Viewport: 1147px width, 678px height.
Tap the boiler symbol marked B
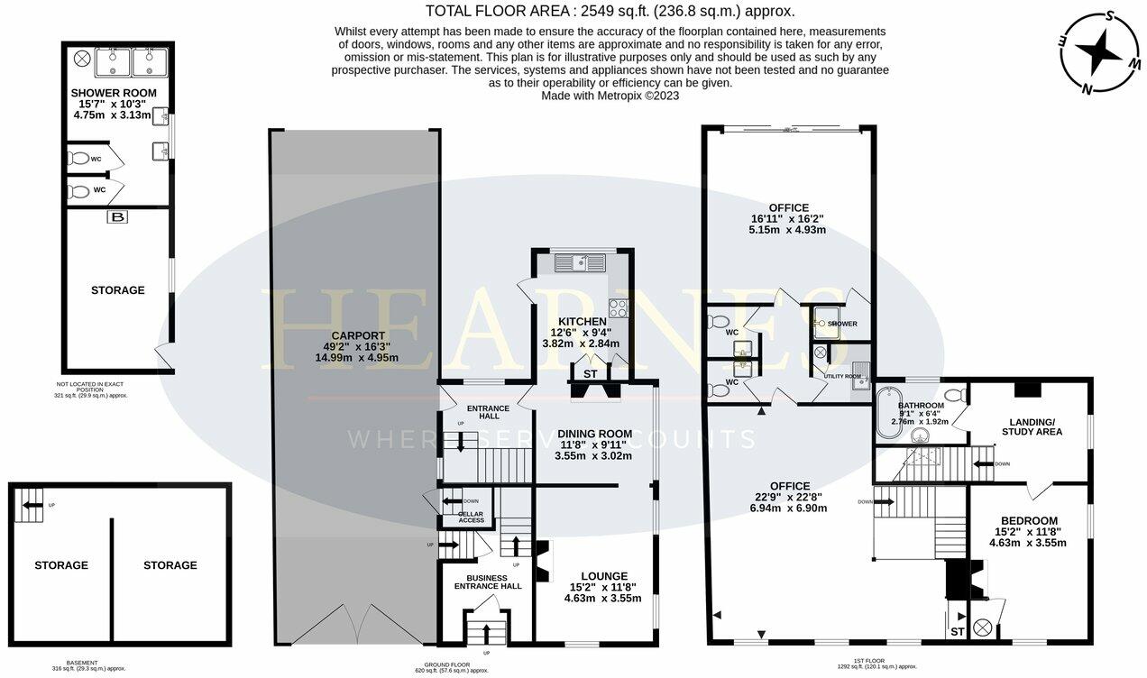[117, 217]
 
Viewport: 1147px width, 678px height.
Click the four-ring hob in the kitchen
[619, 307]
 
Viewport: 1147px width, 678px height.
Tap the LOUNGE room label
[598, 576]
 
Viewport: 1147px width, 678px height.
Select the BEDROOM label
[1029, 520]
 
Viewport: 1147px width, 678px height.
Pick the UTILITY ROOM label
[842, 376]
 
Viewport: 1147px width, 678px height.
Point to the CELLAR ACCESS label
[471, 520]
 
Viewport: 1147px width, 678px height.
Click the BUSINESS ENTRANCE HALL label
[487, 582]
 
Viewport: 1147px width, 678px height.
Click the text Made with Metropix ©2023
[610, 95]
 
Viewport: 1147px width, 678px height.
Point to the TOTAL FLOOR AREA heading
[610, 11]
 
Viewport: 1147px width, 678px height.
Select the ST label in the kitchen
[590, 373]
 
